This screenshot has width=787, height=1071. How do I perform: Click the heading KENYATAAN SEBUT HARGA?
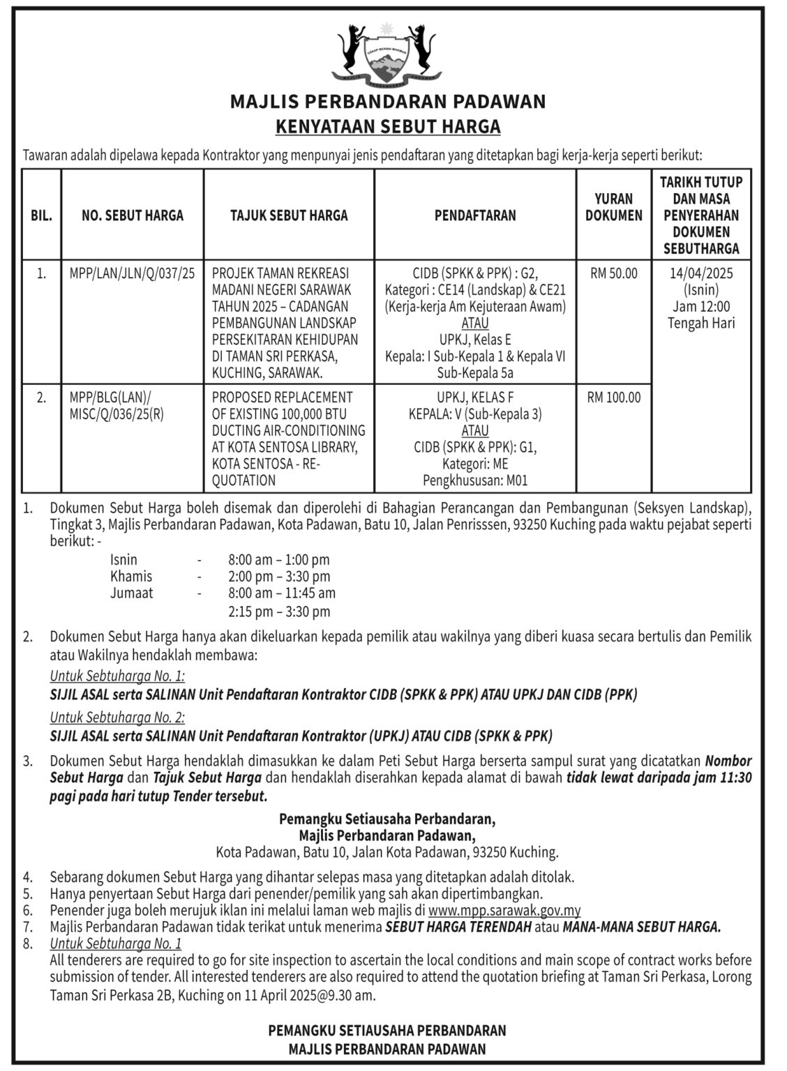tap(389, 127)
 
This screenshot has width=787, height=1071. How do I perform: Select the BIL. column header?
tap(42, 215)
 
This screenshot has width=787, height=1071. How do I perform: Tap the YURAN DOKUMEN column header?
tap(613, 207)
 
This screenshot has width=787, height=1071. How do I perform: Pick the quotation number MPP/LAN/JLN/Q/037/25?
tap(132, 273)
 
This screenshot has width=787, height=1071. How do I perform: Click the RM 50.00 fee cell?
tap(613, 273)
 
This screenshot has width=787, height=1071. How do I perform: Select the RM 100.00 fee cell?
tap(613, 397)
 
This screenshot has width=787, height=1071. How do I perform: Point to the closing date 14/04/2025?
tap(701, 273)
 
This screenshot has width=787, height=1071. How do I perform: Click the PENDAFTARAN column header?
tap(475, 215)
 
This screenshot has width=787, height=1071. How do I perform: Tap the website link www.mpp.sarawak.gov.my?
tap(504, 911)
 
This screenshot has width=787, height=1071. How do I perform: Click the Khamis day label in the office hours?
tap(131, 577)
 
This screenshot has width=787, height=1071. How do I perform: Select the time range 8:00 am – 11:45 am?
tap(282, 593)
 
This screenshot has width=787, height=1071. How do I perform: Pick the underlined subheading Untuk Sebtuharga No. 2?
tap(117, 717)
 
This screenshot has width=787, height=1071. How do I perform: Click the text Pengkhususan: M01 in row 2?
tap(475, 480)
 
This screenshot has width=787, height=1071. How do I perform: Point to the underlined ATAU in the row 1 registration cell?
tap(475, 323)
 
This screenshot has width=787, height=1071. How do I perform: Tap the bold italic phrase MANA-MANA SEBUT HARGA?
tap(642, 927)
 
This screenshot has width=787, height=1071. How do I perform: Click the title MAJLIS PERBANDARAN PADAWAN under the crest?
tap(389, 102)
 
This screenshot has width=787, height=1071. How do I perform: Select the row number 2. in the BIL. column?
tap(42, 397)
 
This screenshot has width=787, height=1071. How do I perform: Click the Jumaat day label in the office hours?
tap(132, 593)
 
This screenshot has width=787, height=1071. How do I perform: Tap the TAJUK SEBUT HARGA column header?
tap(289, 215)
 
